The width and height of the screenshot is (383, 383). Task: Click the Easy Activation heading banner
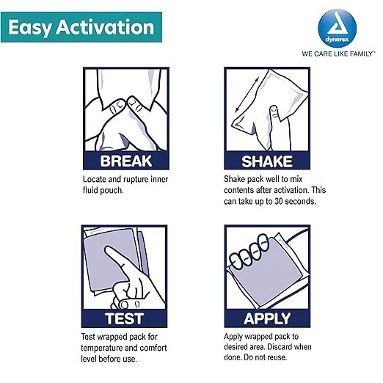pos(81,27)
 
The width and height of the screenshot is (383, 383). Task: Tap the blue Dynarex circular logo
pos(337,29)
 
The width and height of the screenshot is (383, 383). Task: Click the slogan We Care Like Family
pos(338,54)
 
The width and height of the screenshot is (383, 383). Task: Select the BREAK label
pos(126,161)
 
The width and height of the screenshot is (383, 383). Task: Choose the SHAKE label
pos(267,161)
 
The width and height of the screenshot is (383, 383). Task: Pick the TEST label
pos(124,318)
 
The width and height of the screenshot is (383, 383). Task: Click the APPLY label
pos(267,318)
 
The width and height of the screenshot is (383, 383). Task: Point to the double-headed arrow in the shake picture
pos(247,95)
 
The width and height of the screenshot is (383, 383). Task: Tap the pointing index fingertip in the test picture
pos(107,250)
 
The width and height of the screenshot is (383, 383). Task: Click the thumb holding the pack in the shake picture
pos(274,115)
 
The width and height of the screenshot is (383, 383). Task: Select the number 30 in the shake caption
pos(279,201)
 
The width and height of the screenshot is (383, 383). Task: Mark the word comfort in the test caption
pos(153,348)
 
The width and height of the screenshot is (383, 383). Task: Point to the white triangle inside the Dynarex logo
pos(337,25)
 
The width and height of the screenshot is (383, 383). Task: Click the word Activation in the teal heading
pos(106,26)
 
